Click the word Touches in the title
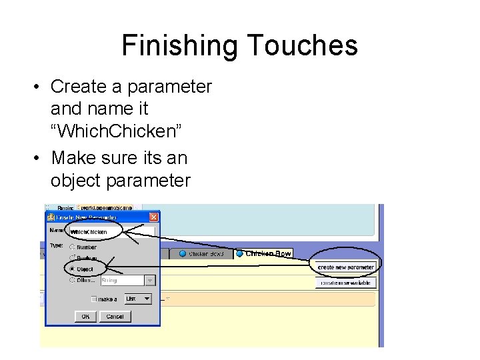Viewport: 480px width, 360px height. (303, 45)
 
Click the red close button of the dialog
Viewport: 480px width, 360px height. (153, 217)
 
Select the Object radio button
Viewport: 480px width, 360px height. (72, 269)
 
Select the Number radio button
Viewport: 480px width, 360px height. (72, 247)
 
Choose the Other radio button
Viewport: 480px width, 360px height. (72, 281)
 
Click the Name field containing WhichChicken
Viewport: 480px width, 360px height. (111, 232)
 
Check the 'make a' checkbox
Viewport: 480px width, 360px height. (94, 299)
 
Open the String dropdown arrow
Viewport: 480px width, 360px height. (150, 281)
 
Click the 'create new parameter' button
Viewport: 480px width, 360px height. (345, 267)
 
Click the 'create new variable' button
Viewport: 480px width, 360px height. (345, 283)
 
